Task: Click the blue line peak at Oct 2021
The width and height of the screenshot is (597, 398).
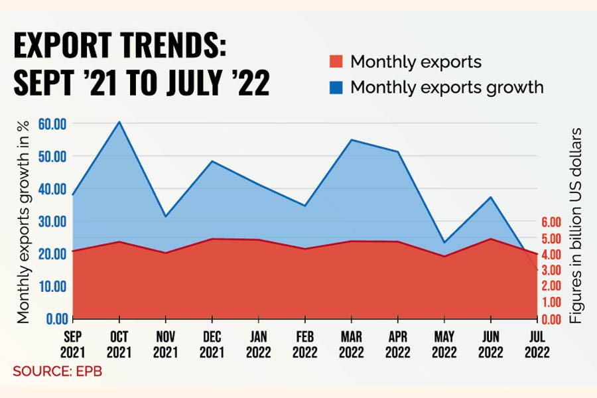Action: click(119, 122)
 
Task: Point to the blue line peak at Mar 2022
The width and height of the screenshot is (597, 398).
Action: click(350, 140)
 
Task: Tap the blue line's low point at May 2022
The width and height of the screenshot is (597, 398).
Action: click(443, 243)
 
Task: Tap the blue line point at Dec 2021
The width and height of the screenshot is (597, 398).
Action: click(212, 161)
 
